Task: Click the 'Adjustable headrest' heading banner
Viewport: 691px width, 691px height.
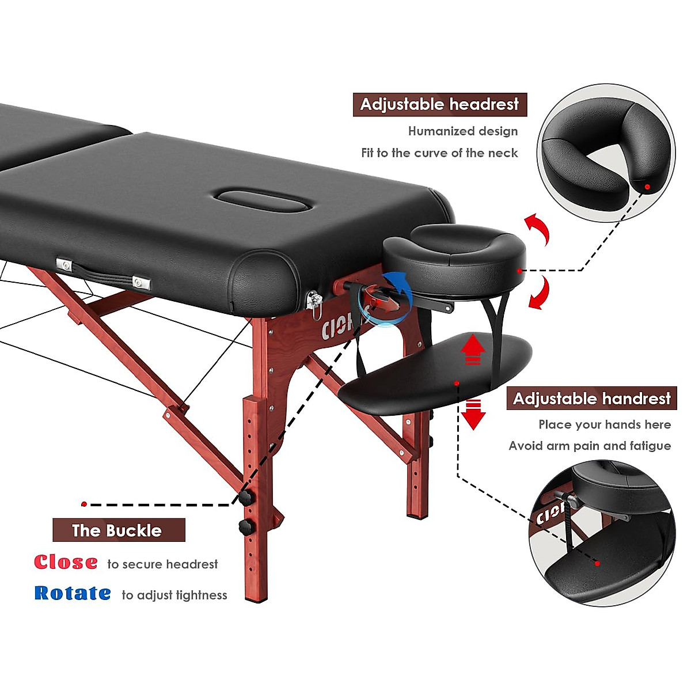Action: pyautogui.click(x=439, y=105)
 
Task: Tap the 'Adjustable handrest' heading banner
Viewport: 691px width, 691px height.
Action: pyautogui.click(x=591, y=398)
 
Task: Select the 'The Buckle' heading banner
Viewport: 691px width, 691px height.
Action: pyautogui.click(x=119, y=530)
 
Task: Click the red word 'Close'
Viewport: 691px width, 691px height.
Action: pyautogui.click(x=66, y=562)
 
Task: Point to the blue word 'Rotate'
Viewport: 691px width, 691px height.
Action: pyautogui.click(x=73, y=593)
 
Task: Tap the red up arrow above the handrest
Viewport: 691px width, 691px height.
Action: pyautogui.click(x=473, y=349)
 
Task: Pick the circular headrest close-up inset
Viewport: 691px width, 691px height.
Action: pyautogui.click(x=606, y=153)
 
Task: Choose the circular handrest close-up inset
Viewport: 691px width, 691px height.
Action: pyautogui.click(x=602, y=533)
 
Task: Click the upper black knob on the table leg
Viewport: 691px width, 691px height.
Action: pyautogui.click(x=246, y=497)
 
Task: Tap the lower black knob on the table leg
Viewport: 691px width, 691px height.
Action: pyautogui.click(x=246, y=526)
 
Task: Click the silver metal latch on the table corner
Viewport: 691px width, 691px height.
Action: pyautogui.click(x=314, y=302)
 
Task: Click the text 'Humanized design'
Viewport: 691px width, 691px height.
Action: pyautogui.click(x=463, y=131)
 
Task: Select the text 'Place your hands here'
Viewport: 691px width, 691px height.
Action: pyautogui.click(x=605, y=425)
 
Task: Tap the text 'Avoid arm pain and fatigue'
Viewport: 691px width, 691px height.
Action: pyautogui.click(x=590, y=446)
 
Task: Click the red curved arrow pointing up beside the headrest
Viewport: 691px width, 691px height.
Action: pyautogui.click(x=538, y=228)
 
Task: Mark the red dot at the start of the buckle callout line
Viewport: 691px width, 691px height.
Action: pyautogui.click(x=84, y=504)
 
